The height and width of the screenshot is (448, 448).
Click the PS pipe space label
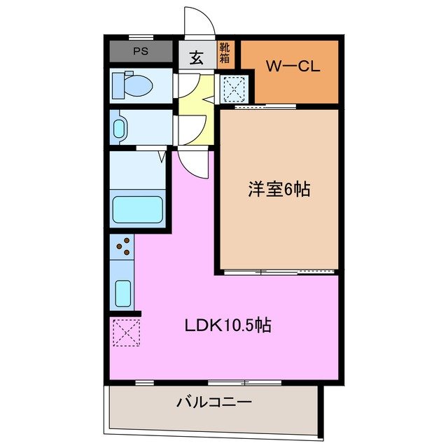pos(140,52)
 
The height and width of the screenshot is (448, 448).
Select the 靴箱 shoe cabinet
pos(225,54)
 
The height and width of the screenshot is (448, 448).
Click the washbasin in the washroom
pos(120,128)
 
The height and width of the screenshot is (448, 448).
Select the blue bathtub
pos(138,209)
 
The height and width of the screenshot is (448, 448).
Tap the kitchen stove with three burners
pos(123,246)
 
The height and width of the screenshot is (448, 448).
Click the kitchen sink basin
pos(123,293)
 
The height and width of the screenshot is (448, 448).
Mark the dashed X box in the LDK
pos(125,332)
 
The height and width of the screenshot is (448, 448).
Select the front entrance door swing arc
pos(198,21)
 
